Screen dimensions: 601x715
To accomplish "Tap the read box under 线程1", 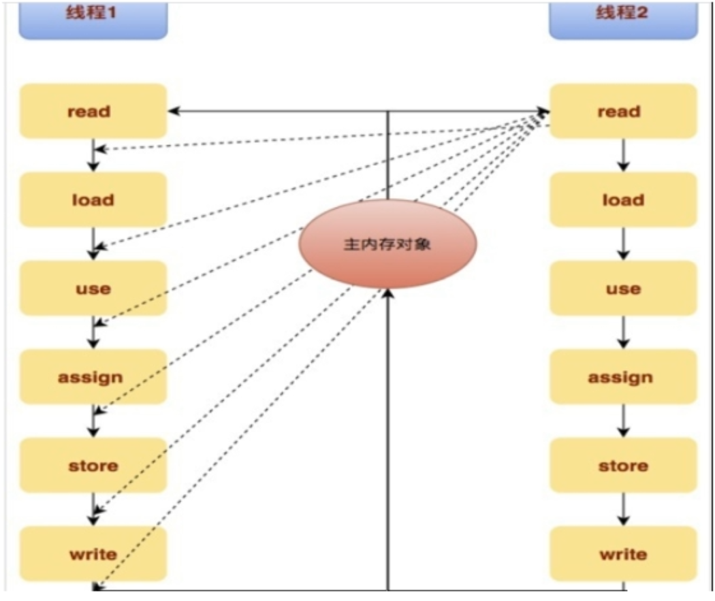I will pos(93,111).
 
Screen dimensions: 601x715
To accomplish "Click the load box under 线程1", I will pos(93,199).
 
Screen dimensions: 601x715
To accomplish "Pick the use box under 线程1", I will pos(93,288).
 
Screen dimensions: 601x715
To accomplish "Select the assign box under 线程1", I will pos(93,376).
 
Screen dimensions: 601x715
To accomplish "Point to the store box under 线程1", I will pos(93,466).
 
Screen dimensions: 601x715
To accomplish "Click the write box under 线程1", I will pos(93,553).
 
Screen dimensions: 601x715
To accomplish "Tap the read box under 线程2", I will pos(622,111).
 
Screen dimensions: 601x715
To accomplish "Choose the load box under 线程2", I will pos(622,199).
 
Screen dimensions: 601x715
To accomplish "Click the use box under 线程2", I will pos(622,288).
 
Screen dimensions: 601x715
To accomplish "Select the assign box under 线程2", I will pos(622,376).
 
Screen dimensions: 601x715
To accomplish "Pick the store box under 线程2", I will pos(622,466).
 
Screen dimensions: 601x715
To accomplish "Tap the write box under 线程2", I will pos(622,553).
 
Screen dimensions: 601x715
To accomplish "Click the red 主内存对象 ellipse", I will pos(388,244).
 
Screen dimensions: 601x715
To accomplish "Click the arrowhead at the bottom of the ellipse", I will pos(388,293).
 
